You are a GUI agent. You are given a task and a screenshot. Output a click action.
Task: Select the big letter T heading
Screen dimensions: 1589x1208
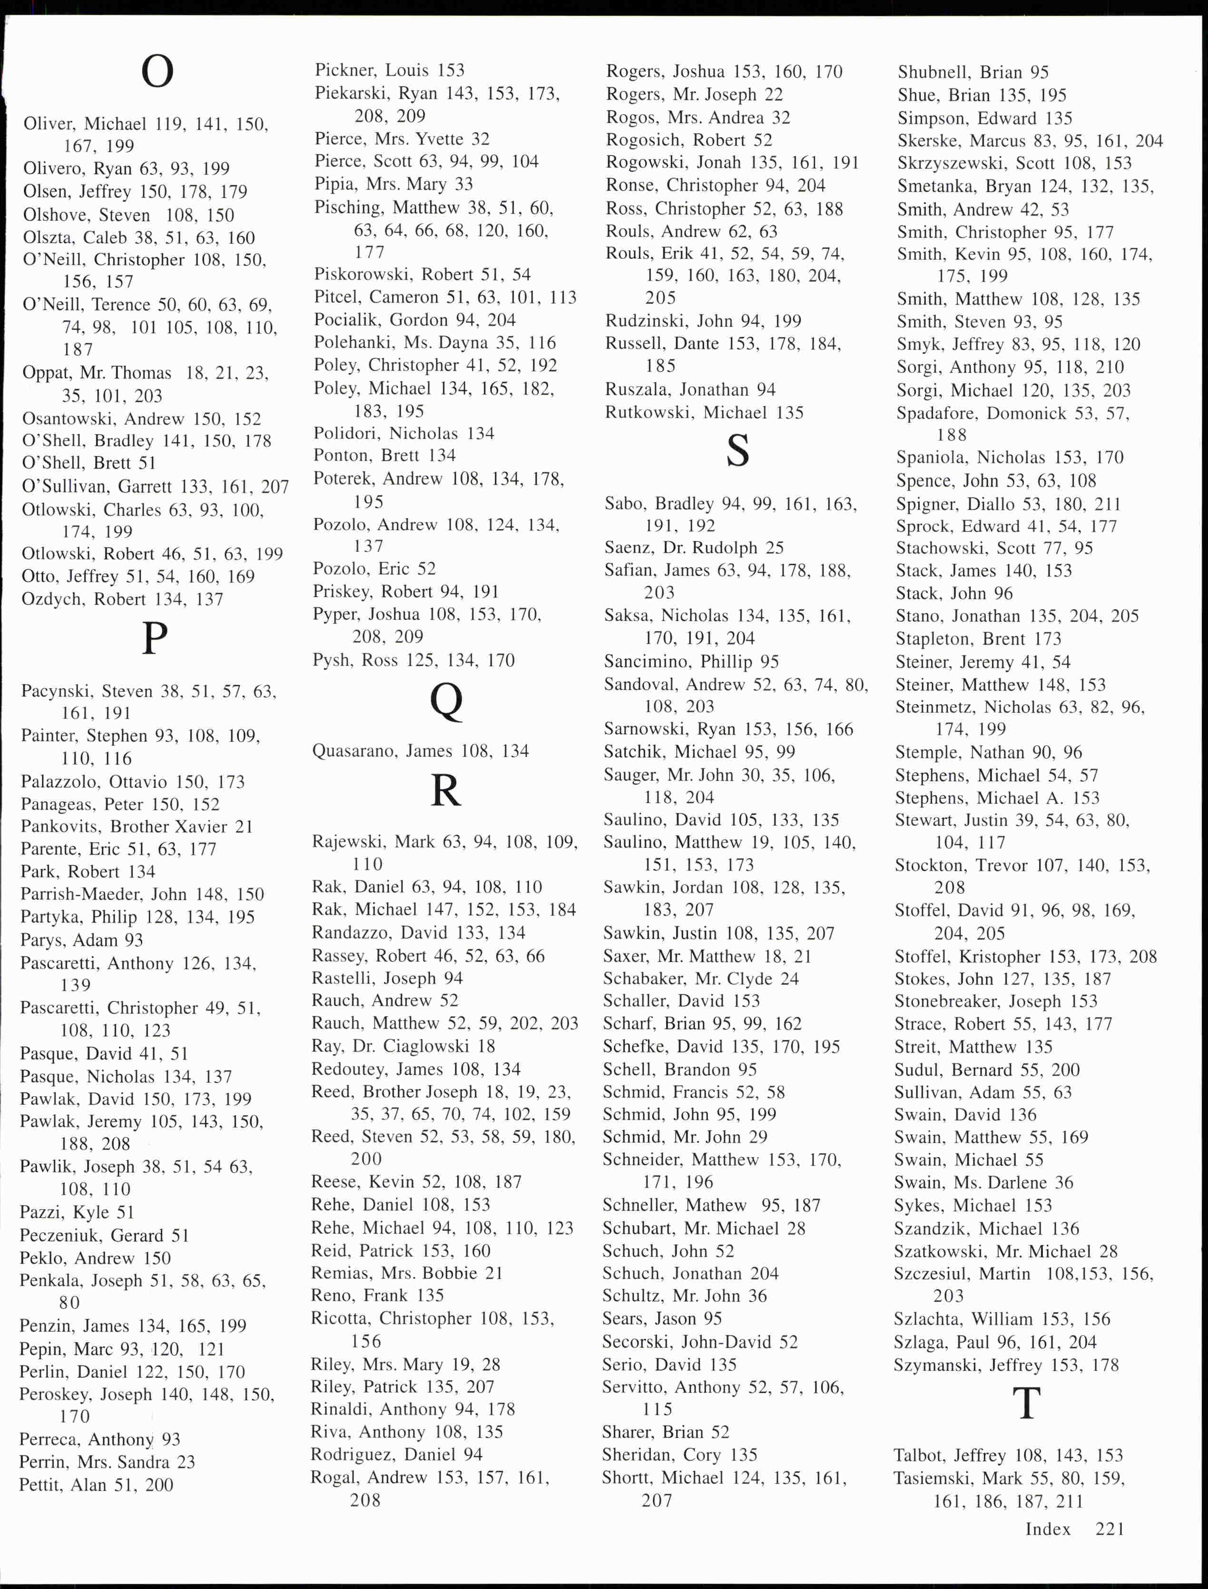click(1027, 1403)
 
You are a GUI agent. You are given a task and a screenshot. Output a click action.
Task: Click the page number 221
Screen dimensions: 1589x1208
click(1110, 1529)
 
